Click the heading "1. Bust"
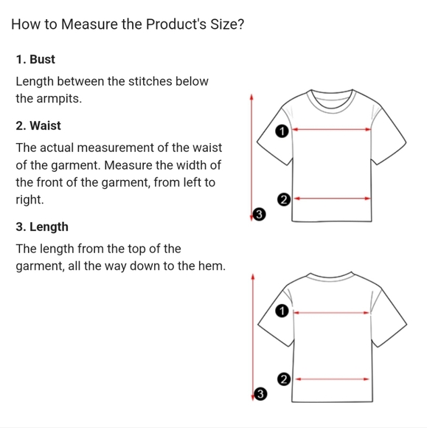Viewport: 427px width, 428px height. point(35,59)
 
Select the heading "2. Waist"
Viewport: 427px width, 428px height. point(38,125)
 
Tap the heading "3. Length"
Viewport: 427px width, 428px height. point(42,227)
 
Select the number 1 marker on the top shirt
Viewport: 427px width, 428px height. point(280,131)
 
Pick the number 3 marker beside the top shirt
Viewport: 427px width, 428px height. point(258,214)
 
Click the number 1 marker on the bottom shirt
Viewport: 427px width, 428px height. point(280,311)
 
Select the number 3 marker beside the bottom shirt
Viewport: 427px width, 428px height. point(258,394)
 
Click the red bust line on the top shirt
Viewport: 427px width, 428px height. point(332,129)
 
